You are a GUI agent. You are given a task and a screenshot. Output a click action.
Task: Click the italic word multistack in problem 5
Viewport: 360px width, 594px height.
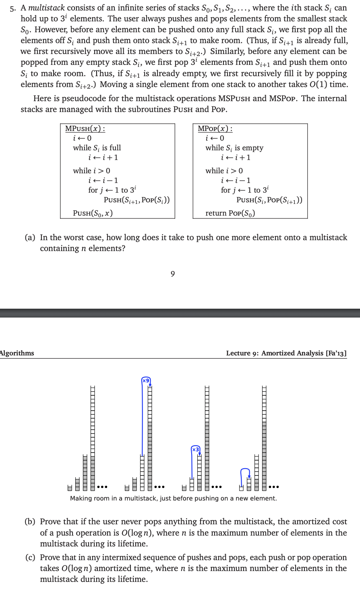tap(46, 8)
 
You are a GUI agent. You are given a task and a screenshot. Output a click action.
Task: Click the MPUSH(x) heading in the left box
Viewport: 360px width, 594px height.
tap(85, 129)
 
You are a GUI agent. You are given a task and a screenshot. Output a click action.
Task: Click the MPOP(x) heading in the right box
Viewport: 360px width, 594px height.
tap(215, 129)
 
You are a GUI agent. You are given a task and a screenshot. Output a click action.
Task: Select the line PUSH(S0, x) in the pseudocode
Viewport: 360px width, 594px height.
tap(93, 213)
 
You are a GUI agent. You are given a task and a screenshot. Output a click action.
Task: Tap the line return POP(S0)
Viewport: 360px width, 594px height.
tap(230, 213)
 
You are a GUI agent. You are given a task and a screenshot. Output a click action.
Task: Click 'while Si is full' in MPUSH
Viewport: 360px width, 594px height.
tap(97, 148)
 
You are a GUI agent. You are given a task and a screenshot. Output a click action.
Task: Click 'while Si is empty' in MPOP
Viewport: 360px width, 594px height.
tap(234, 148)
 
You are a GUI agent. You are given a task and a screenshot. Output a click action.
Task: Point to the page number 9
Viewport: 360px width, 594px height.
tap(173, 274)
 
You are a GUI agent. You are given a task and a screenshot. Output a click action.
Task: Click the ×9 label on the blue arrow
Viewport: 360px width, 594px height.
tap(146, 380)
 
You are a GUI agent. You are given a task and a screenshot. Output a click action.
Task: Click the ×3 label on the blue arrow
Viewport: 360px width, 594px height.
tap(195, 449)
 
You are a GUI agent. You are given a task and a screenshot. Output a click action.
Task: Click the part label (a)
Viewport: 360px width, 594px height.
tap(30, 238)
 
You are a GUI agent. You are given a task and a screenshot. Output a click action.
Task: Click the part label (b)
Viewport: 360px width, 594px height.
tap(30, 522)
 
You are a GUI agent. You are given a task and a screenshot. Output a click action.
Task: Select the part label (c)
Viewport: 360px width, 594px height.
tap(30, 558)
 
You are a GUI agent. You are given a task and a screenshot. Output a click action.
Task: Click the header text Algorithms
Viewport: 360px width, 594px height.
tap(17, 353)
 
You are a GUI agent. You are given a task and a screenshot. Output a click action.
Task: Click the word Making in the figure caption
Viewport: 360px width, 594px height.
tap(81, 498)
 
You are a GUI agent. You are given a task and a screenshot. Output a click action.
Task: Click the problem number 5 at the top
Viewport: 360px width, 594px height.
tap(12, 8)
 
